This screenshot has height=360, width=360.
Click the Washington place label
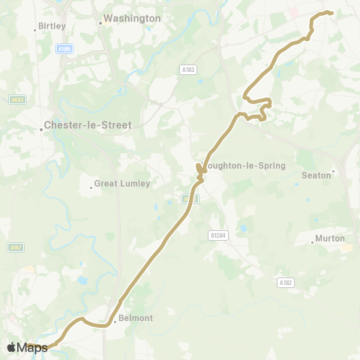pos(132,18)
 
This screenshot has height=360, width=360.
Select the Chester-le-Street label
pos(88,125)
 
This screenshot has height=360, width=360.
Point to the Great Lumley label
pos(122,184)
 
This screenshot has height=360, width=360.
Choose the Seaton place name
pos(316,175)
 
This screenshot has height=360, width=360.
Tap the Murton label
pos(330,238)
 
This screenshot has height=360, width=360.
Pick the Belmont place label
pos(136,318)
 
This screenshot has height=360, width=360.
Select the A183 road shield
pos(187,69)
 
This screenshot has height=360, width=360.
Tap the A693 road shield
pos(16,99)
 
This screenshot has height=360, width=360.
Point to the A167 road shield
pos(14,247)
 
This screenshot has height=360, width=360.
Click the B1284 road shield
pos(217,235)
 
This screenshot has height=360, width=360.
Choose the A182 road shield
pos(285,283)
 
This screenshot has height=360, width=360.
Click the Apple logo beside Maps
pos(12,347)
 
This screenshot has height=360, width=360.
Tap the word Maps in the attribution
pos(34,347)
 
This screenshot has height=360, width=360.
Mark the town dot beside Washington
pos(100,22)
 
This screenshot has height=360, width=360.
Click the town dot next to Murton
pos(313,242)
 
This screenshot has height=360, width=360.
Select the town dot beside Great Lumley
pos(91,187)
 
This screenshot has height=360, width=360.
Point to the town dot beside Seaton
pos(334,171)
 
